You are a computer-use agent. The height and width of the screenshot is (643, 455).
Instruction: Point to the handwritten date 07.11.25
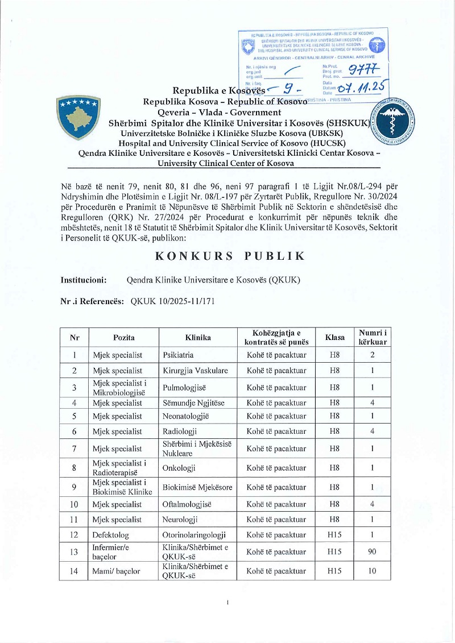[x=361, y=87]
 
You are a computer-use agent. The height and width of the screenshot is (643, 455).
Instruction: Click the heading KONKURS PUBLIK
[x=230, y=256]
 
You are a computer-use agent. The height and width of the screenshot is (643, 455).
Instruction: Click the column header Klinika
[x=198, y=338]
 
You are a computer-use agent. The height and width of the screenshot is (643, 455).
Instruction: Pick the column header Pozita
[x=123, y=338]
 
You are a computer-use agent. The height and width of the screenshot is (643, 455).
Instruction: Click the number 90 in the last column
[x=373, y=551]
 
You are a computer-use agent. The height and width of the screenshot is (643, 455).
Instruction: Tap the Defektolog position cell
[x=113, y=535]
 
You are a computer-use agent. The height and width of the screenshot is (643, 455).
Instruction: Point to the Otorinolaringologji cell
[x=195, y=535]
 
